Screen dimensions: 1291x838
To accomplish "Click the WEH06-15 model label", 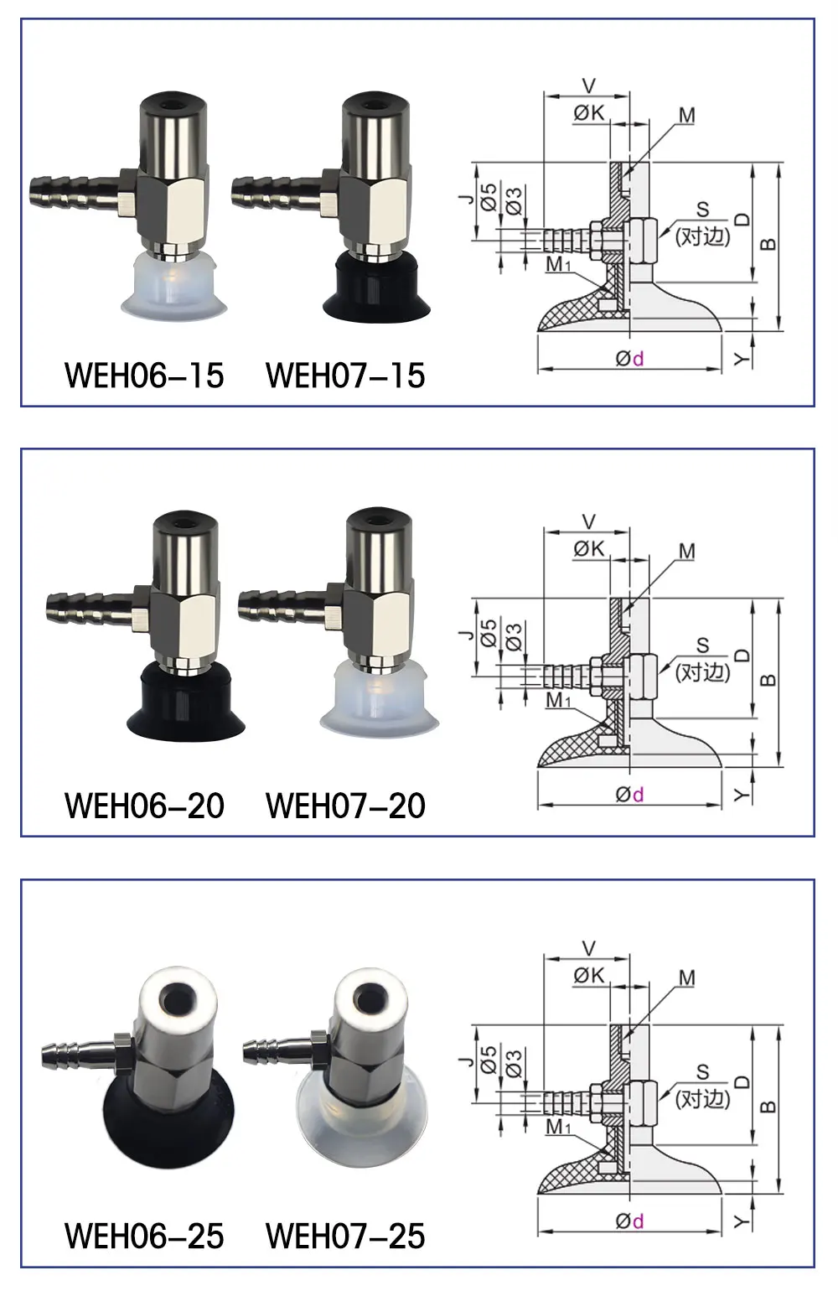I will [144, 376].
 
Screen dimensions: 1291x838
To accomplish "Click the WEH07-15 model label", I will [345, 376].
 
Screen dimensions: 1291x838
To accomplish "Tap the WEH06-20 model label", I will [144, 806].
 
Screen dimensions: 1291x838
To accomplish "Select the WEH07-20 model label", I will [345, 806].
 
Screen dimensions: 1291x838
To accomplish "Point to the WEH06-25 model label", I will [144, 1236].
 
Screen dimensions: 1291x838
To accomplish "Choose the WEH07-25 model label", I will [345, 1236].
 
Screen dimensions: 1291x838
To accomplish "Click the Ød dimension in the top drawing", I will [629, 359].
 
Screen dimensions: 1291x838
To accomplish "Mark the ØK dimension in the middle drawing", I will [588, 548].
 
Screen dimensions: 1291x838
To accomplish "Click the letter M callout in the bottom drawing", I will [686, 977].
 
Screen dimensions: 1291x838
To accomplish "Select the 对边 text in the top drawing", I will [702, 236].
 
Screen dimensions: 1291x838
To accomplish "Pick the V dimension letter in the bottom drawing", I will [588, 948].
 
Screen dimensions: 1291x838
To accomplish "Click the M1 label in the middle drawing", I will [557, 700].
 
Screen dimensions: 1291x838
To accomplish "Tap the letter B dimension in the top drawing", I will [768, 245].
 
